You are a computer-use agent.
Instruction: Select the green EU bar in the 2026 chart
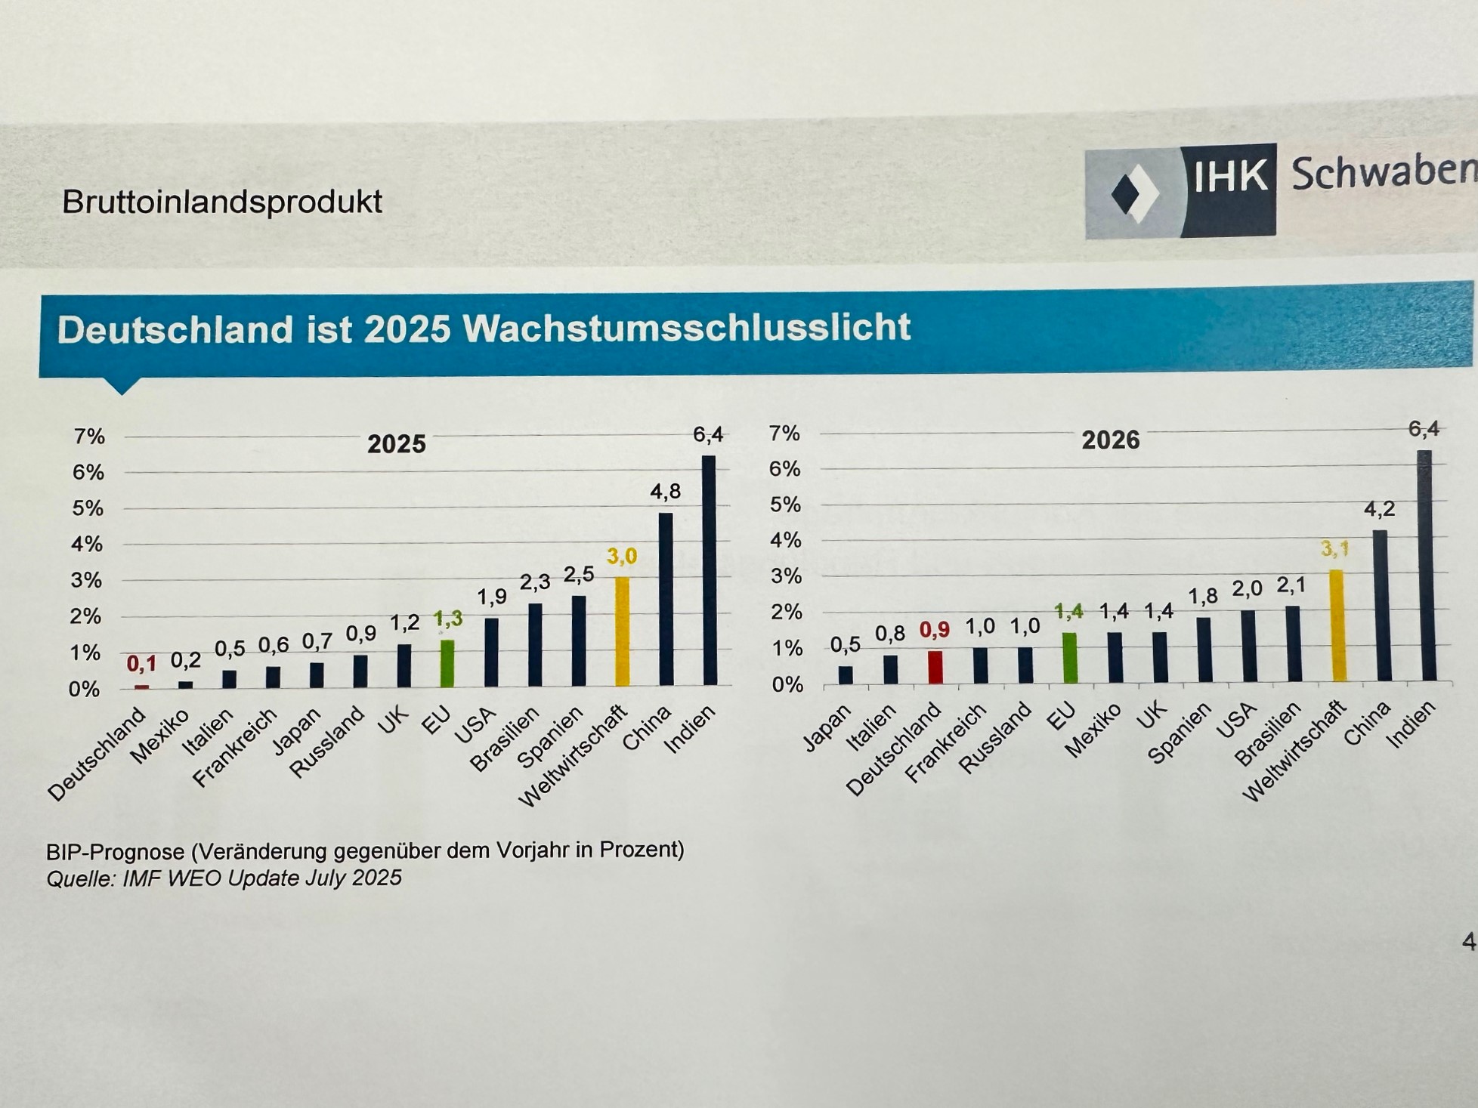(x=1069, y=657)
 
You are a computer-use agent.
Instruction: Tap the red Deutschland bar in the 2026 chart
(x=935, y=667)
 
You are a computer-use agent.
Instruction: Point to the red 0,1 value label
(x=141, y=664)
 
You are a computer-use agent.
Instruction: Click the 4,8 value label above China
(x=665, y=492)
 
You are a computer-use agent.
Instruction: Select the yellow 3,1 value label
(x=1334, y=549)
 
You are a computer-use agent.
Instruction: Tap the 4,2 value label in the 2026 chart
(x=1379, y=509)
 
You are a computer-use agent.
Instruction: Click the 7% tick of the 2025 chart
(x=89, y=437)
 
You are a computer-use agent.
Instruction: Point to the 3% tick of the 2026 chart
(x=786, y=576)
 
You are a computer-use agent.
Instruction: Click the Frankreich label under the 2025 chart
(x=234, y=748)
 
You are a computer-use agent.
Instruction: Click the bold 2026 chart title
(x=1110, y=440)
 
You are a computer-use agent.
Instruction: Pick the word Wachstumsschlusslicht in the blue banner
(x=686, y=328)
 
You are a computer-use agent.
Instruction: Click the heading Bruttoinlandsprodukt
(x=222, y=202)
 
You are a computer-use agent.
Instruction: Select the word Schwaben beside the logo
(x=1383, y=173)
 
